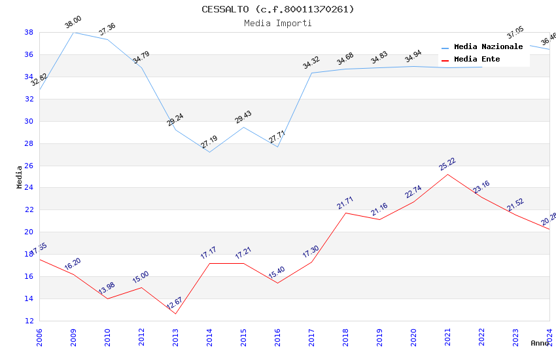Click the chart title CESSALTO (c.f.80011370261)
(x=277, y=9)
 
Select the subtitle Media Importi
(x=277, y=23)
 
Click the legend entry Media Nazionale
(x=488, y=47)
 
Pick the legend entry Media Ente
(x=477, y=60)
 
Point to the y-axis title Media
(x=20, y=177)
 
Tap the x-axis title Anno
(x=540, y=343)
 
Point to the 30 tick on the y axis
(x=29, y=121)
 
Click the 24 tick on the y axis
(x=29, y=188)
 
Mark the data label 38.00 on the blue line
(x=73, y=24)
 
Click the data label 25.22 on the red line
(x=447, y=164)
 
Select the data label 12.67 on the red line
(x=175, y=304)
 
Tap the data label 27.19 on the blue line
(x=209, y=142)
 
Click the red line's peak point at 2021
(x=447, y=174)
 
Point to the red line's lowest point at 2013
(x=175, y=314)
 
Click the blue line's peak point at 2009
(x=73, y=32)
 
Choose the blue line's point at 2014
(x=209, y=152)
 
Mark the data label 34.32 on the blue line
(x=311, y=63)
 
